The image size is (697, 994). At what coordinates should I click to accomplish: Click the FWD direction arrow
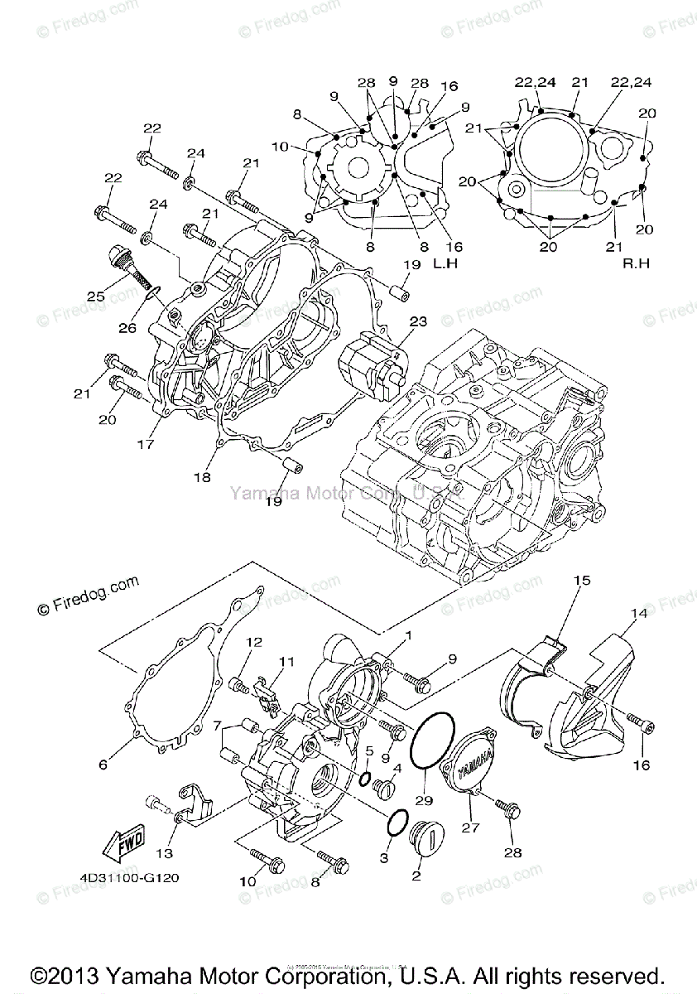(x=122, y=842)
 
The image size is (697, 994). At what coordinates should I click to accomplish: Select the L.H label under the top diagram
(x=445, y=263)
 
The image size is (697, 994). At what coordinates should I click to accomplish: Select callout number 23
(x=417, y=321)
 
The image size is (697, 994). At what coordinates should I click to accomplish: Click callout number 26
(x=127, y=327)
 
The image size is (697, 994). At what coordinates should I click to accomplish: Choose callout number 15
(x=582, y=581)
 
